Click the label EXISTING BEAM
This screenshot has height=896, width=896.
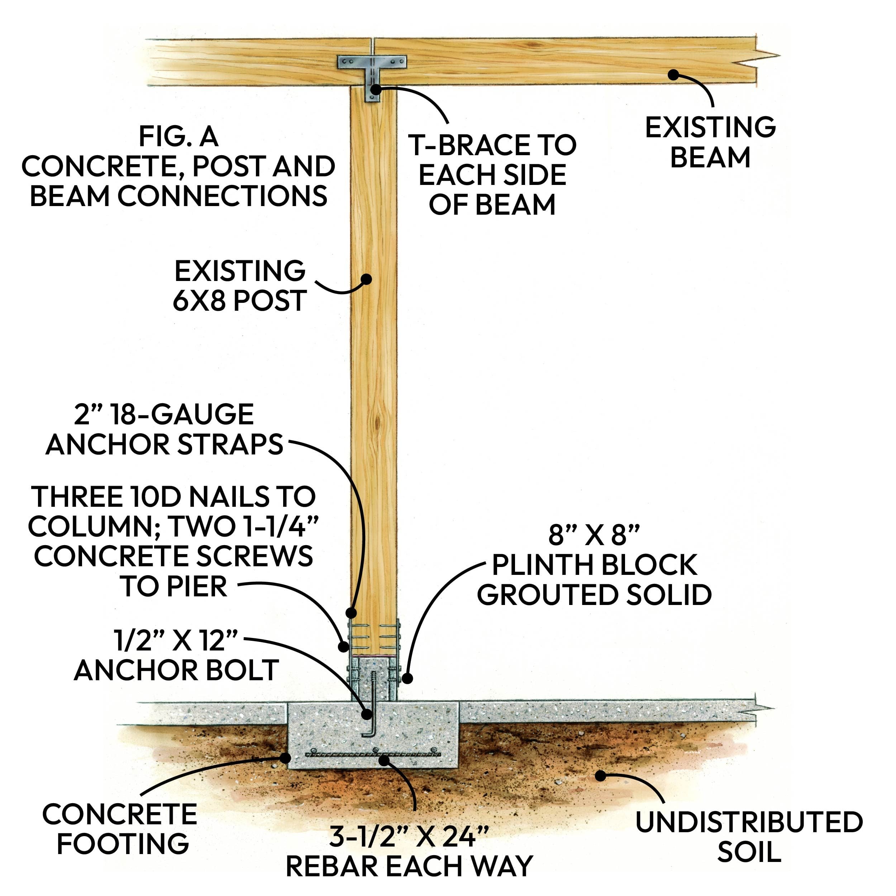click(x=710, y=142)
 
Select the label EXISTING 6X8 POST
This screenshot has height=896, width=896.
click(x=239, y=286)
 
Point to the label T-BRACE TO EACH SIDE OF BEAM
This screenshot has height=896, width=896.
click(x=492, y=175)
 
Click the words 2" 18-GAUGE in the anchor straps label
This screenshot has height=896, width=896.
click(x=164, y=414)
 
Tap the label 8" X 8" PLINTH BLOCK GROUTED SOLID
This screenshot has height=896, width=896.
click(x=594, y=565)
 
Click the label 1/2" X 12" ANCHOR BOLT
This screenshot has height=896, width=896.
click(x=176, y=655)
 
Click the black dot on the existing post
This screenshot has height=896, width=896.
click(x=366, y=279)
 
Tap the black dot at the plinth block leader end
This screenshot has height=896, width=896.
click(x=407, y=678)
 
